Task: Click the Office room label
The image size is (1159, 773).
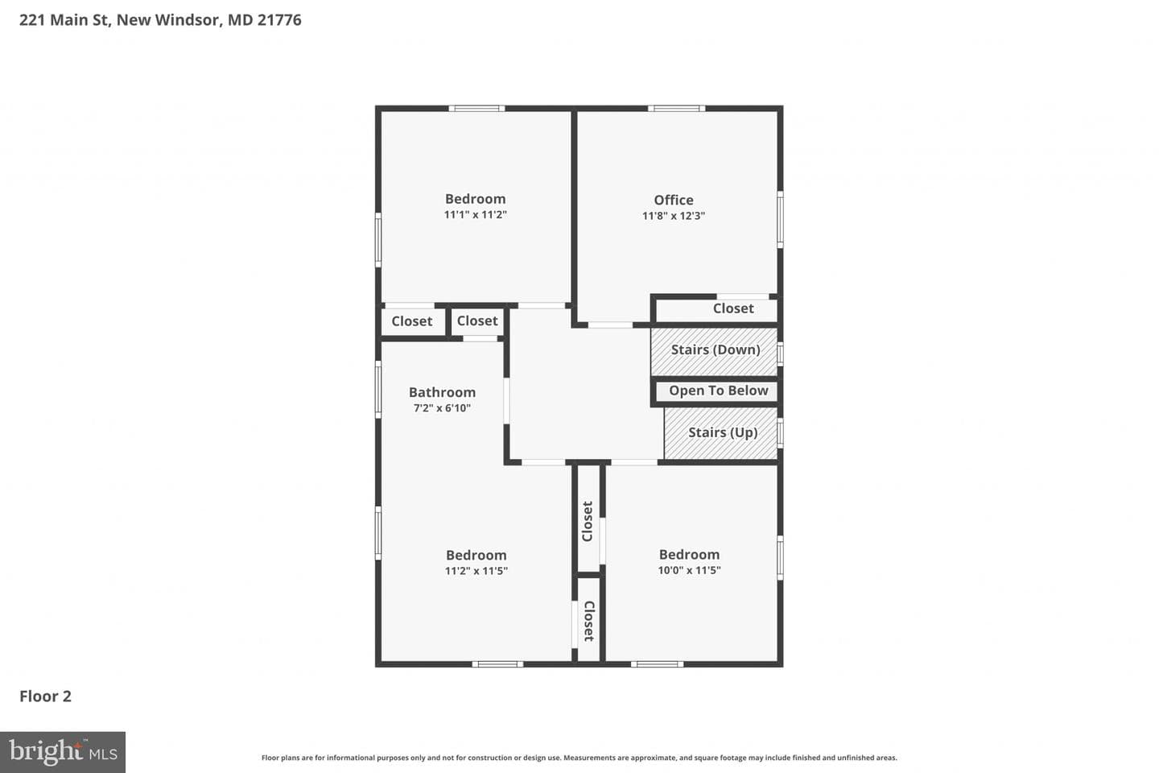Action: [x=673, y=200]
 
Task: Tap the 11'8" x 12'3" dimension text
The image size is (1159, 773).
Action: [x=673, y=216]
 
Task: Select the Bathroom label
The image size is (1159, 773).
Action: [x=442, y=392]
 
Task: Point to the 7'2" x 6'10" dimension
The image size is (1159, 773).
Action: [x=442, y=408]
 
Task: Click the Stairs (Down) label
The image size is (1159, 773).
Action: [x=716, y=350]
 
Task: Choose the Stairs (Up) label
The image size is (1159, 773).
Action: [x=723, y=433]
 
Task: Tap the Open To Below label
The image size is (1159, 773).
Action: [x=718, y=391]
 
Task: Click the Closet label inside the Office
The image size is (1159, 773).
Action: [x=733, y=308]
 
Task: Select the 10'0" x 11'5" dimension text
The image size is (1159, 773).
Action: [x=689, y=571]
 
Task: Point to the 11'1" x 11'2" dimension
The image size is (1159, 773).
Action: [x=475, y=215]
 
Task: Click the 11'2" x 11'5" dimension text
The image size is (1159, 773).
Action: [x=476, y=571]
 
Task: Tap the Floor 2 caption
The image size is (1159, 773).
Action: [x=46, y=697]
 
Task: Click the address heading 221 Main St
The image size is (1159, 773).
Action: [x=64, y=20]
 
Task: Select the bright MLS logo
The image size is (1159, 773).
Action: [x=63, y=752]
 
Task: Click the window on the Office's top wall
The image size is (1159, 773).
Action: [x=677, y=109]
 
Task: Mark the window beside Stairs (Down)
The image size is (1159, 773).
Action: [x=780, y=354]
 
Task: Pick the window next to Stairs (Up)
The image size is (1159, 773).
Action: [x=780, y=433]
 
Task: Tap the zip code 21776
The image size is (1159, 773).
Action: [x=279, y=20]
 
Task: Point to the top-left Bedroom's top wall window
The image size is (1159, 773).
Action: [x=476, y=109]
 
